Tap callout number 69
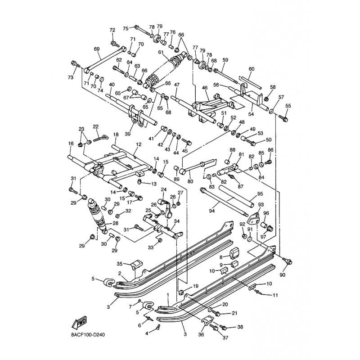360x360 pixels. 96,49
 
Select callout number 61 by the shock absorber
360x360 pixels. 161,52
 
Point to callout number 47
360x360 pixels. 177,85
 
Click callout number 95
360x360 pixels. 260,194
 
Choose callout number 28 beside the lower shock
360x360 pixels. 116,224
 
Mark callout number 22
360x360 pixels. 96,126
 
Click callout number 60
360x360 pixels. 252,69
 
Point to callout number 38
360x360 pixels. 240,327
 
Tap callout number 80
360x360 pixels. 190,181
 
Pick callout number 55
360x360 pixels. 288,106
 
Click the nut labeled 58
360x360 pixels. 266,99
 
